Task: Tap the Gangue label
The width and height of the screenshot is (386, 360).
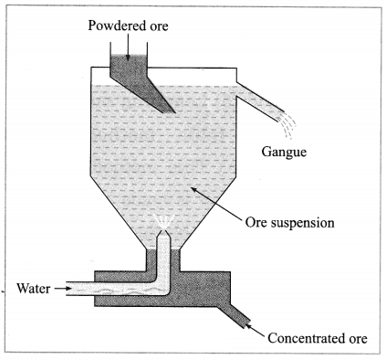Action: [284, 152]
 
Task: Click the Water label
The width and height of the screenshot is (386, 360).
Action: [33, 288]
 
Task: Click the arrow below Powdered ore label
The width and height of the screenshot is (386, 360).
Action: [128, 47]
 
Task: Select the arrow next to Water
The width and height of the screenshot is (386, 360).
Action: [61, 288]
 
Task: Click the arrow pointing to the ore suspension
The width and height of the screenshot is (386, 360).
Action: [215, 203]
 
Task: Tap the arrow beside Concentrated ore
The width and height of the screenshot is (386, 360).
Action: [255, 330]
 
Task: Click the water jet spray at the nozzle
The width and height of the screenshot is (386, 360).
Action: [163, 222]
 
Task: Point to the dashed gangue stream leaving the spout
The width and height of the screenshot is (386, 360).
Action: [287, 125]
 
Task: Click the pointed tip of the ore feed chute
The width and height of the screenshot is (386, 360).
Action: [175, 112]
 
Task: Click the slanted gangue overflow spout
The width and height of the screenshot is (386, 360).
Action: [260, 101]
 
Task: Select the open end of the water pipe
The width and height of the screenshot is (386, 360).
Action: [67, 289]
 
